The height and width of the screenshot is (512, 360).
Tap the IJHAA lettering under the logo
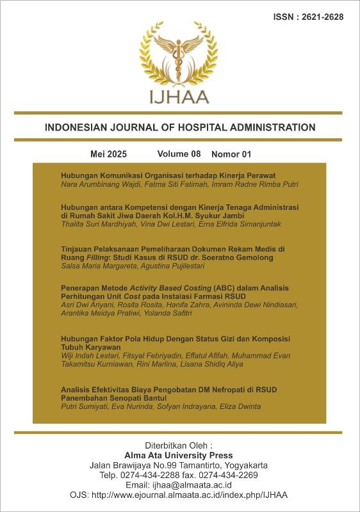(179, 97)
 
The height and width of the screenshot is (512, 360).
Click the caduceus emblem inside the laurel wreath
(179, 54)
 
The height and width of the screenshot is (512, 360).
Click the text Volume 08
(179, 154)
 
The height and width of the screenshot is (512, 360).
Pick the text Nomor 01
(231, 154)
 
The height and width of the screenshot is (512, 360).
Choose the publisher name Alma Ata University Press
(179, 454)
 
